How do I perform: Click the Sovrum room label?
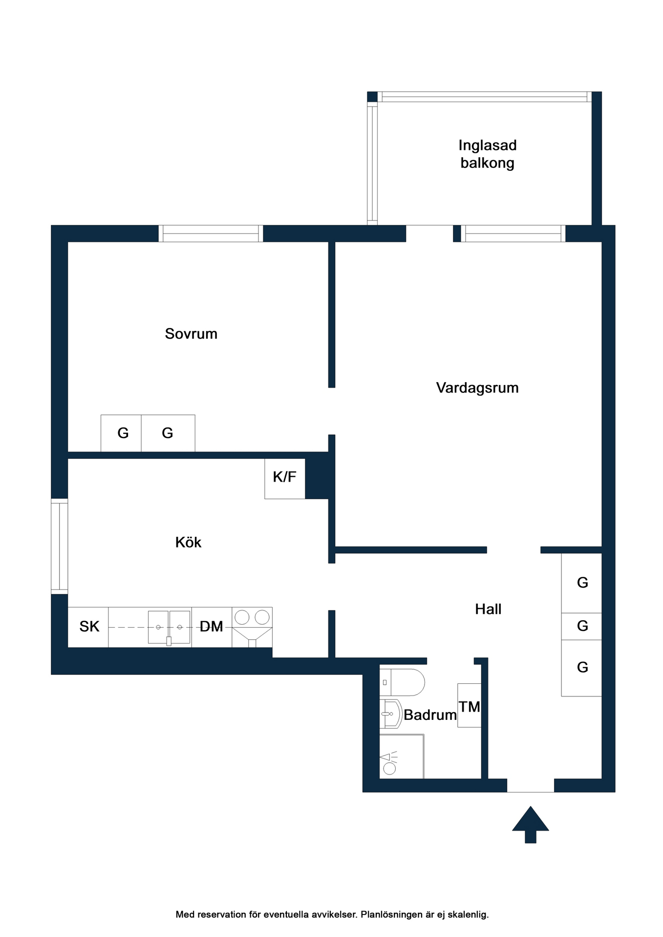191,334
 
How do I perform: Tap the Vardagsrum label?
477,388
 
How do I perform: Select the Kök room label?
188,542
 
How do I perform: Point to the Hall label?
488,609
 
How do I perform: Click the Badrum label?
430,715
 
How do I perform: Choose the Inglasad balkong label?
488,154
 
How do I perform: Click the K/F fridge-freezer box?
285,479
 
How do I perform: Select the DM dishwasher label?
212,627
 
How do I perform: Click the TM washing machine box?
470,706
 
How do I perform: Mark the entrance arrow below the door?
531,824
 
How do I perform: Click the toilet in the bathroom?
402,682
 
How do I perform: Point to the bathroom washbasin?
391,714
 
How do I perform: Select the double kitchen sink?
169,628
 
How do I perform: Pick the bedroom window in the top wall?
211,233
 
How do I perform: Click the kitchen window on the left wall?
60,546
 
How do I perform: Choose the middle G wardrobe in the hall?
581,626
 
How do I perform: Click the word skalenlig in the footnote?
470,915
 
